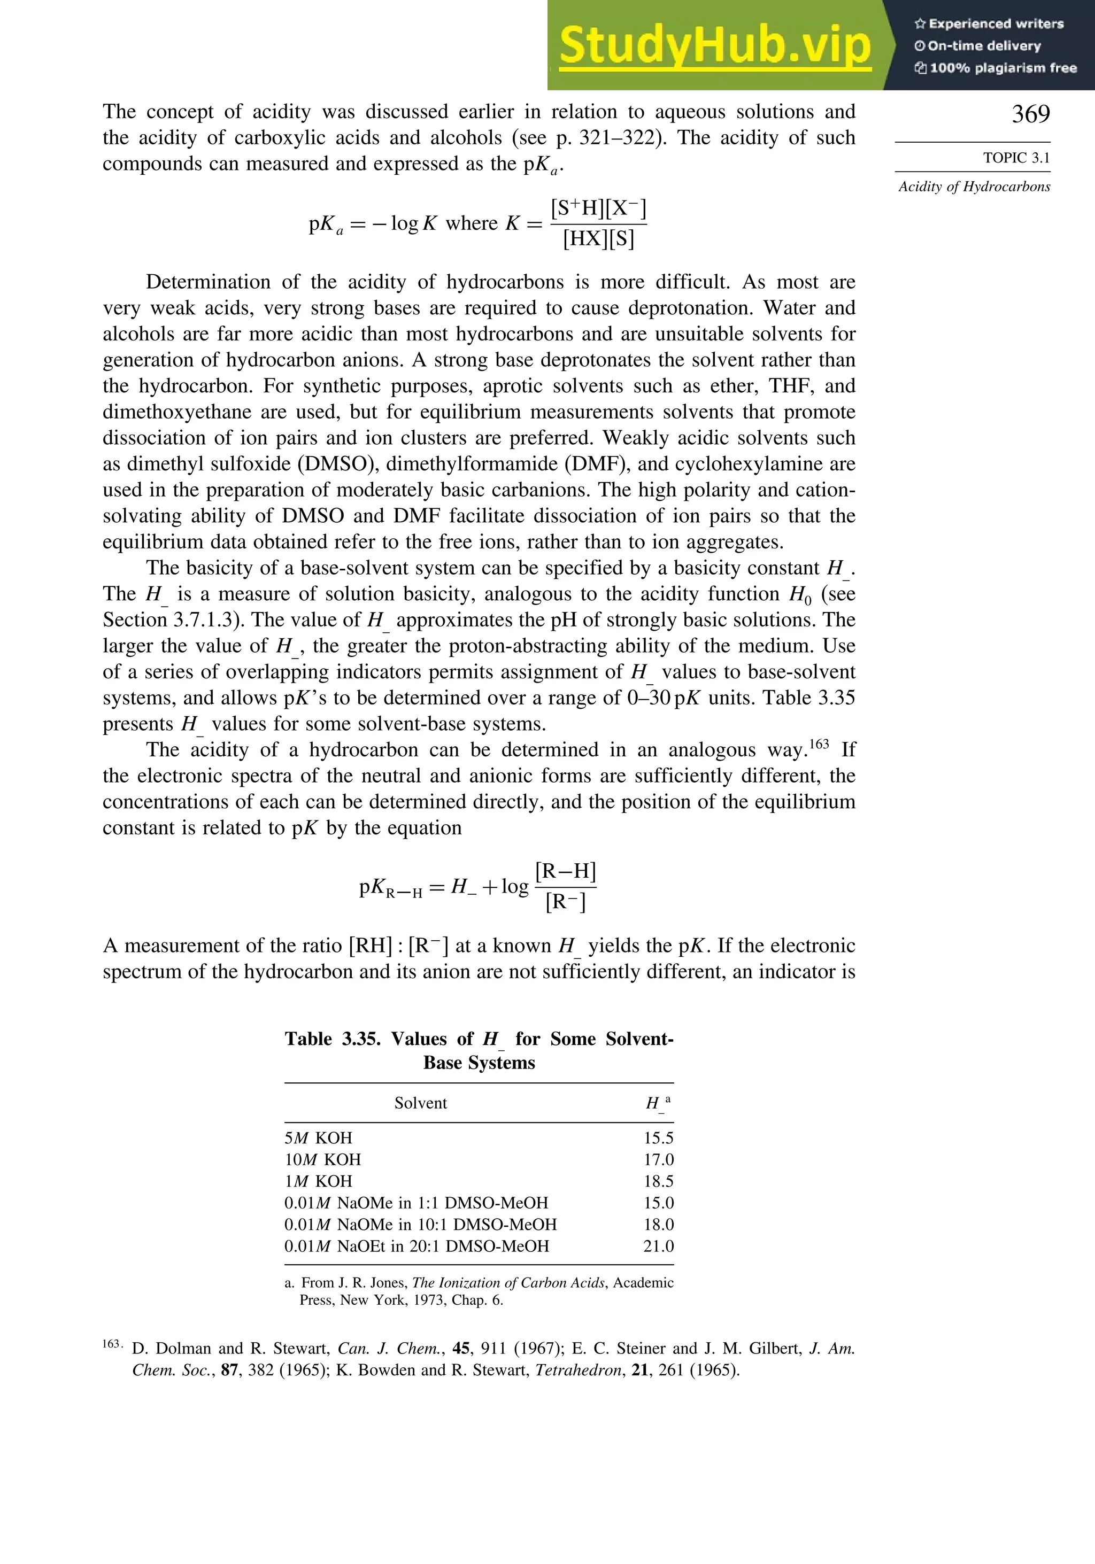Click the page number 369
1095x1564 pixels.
click(1030, 114)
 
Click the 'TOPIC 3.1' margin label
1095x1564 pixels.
click(1016, 158)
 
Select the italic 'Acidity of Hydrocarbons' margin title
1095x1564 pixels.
click(974, 187)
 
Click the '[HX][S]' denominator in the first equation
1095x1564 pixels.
click(598, 238)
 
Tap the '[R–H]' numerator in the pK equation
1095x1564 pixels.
click(566, 871)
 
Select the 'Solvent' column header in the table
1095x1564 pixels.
click(420, 1103)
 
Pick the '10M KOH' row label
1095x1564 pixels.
click(322, 1159)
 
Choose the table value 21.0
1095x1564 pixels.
click(658, 1246)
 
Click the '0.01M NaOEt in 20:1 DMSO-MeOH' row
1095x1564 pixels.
click(417, 1246)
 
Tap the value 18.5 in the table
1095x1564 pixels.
click(658, 1181)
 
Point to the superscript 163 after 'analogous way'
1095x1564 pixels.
click(819, 744)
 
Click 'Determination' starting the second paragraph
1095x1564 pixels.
click(207, 282)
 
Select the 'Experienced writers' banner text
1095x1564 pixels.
click(996, 24)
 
